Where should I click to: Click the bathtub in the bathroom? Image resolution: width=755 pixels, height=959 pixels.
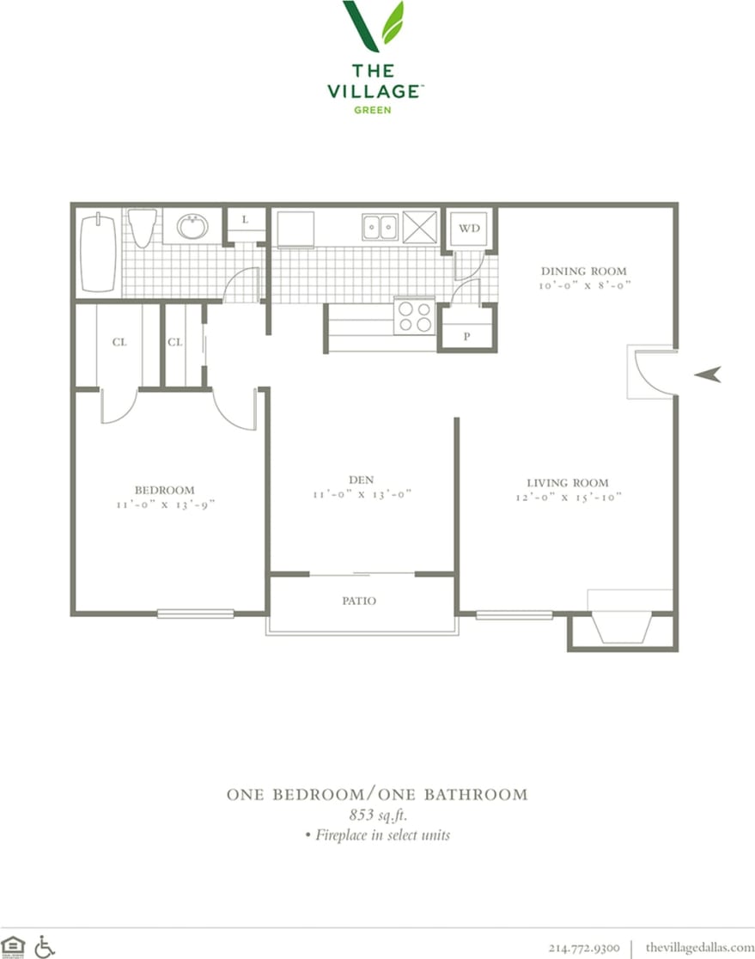click(x=98, y=253)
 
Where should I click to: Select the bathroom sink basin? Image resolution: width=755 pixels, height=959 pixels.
click(x=192, y=227)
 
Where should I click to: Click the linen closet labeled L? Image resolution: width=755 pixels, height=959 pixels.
click(x=245, y=220)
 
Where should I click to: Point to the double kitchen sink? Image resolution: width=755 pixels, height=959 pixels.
click(x=379, y=227)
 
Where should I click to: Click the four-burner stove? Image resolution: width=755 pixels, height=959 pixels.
click(x=414, y=315)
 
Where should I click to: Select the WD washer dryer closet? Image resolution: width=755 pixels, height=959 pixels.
click(x=468, y=228)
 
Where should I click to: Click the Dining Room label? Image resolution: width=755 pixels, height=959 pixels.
click(x=583, y=271)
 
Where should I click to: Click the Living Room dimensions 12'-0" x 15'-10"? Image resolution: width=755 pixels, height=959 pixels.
click(x=568, y=497)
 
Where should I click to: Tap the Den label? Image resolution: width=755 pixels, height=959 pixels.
click(x=361, y=479)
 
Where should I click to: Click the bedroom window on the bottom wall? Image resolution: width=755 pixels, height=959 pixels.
click(x=195, y=614)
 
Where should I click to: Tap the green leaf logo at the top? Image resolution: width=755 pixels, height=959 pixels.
click(x=374, y=26)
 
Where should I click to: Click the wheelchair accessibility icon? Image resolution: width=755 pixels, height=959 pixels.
click(x=45, y=946)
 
